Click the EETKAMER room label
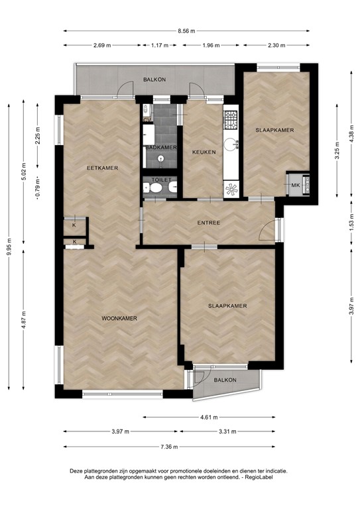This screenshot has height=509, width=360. pos(102,168)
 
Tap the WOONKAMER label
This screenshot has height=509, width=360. pos(119,319)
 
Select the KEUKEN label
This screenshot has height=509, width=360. pos(204,152)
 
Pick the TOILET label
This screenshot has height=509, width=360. pos(161,180)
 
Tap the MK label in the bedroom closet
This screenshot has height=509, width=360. pos(296,184)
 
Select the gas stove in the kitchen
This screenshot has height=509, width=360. pos(231,119)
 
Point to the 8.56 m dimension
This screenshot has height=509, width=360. pos(186,30)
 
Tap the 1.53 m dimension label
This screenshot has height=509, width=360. pos(351,223)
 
